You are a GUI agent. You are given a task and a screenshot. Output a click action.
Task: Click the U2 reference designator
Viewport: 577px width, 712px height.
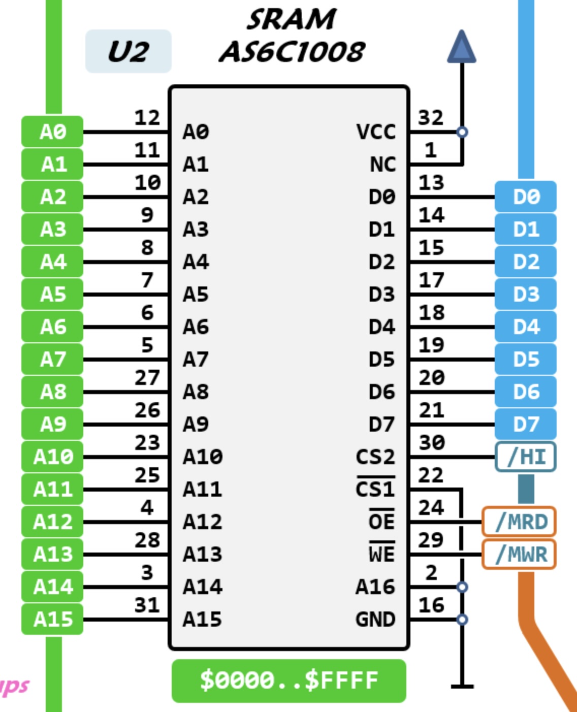coord(128,51)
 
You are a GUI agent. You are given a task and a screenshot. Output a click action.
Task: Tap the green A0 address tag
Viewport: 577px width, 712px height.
coord(52,132)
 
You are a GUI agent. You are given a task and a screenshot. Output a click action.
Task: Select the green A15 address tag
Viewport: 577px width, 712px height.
coord(52,619)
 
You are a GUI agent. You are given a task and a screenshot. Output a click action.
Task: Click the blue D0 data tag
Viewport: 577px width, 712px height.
coord(526,197)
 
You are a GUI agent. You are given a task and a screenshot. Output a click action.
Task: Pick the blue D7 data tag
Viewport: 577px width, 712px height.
coord(526,424)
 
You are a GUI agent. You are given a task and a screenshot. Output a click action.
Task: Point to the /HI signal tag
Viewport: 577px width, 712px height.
coord(526,457)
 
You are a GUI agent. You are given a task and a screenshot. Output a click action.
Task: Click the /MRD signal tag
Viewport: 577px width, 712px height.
coord(519,522)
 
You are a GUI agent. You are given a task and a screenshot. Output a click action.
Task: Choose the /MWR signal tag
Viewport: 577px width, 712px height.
coord(519,554)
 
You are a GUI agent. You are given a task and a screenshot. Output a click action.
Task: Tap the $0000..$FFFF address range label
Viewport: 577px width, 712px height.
coord(289,681)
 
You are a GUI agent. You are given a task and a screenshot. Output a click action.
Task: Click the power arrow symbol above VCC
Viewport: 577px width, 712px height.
coord(462,47)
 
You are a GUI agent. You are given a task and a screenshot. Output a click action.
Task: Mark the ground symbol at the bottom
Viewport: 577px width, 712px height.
coord(462,686)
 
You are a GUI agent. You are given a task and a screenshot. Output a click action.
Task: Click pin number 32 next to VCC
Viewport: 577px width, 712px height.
coord(430,118)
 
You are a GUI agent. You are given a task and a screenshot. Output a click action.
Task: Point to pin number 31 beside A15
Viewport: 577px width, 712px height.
coord(147,605)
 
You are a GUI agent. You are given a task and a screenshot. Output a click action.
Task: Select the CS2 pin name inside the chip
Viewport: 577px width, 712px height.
coord(375,457)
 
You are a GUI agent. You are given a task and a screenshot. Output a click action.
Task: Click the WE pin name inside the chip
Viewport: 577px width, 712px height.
coord(381,554)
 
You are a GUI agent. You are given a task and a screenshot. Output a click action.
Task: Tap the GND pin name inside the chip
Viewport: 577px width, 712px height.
coord(375,619)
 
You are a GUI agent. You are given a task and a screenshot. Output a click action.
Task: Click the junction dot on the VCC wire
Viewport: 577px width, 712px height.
coord(462,132)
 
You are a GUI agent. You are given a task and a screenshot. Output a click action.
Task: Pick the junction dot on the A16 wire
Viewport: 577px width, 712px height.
coord(462,587)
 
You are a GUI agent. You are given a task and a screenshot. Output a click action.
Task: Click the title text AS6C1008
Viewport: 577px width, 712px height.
coord(292,51)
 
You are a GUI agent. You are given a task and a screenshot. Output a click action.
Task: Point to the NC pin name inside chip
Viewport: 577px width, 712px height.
coord(382,165)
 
